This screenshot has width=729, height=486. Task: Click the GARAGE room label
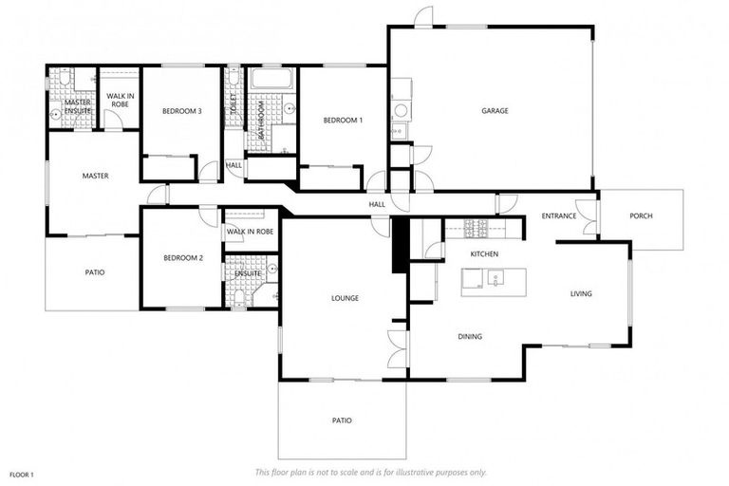coord(495,111)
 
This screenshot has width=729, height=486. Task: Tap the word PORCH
coord(641,215)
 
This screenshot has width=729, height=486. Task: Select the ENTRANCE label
coord(559,215)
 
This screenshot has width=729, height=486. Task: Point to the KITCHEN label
coord(484,254)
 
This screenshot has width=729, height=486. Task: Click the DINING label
coord(470,336)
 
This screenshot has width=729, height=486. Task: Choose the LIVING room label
coord(581,293)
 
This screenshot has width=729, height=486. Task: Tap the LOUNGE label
coord(345,298)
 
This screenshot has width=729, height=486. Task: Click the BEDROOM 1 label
coord(342,121)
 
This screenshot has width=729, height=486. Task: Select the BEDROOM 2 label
coord(182,258)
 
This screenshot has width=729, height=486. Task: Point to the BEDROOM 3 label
coord(181,111)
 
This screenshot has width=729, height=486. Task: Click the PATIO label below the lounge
coord(342,420)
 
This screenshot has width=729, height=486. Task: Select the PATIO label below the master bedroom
coord(94,272)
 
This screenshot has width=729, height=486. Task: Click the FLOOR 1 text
coord(22,473)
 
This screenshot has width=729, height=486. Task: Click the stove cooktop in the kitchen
coord(474,227)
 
